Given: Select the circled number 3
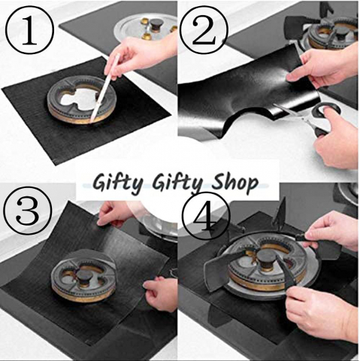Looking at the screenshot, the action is [28, 211].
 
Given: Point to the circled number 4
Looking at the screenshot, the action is [206, 216].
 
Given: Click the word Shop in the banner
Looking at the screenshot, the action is [234, 182].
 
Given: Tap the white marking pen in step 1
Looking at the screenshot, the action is [104, 88].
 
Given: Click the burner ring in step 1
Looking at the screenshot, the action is [82, 100].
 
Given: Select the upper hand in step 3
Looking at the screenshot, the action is [113, 213].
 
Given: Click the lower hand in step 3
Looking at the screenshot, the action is [160, 294].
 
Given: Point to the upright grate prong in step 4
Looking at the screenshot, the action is [280, 211].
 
